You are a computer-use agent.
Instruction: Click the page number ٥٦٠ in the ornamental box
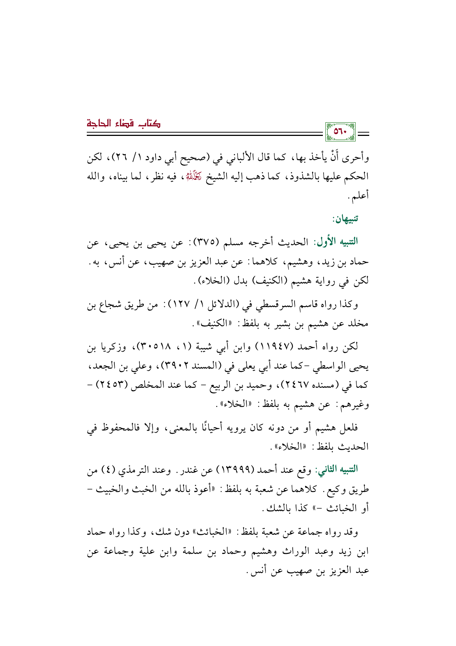pyautogui.click(x=340, y=132)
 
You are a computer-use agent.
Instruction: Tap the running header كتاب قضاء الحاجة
pyautogui.click(x=124, y=123)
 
